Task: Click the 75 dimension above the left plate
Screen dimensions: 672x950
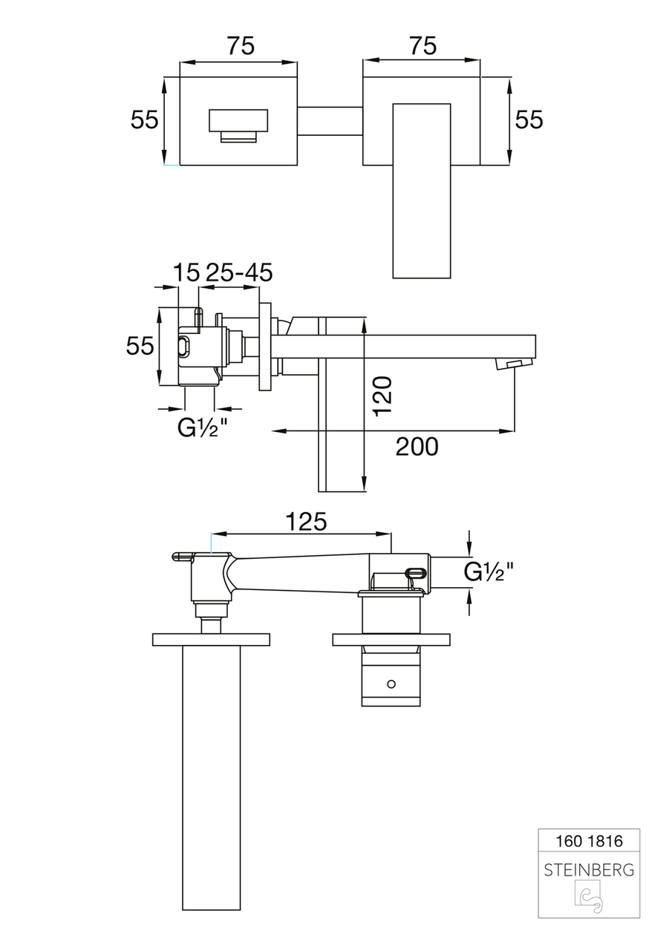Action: [x=241, y=45]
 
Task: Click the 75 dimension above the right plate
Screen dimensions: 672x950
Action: [x=423, y=45]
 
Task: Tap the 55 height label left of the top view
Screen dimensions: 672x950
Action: [x=144, y=119]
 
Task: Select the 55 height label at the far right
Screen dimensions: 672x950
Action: [x=529, y=119]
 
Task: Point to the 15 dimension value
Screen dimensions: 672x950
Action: [x=186, y=272]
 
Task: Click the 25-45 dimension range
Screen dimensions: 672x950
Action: [x=239, y=272]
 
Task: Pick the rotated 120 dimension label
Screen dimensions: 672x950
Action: [x=382, y=396]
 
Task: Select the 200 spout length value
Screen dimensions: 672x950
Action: [x=417, y=447]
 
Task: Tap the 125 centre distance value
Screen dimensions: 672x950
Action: [x=307, y=522]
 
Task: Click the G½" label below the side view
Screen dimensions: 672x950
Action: [x=203, y=428]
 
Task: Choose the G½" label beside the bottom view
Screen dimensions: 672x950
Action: [x=489, y=571]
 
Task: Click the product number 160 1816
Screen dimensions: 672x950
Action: [x=590, y=841]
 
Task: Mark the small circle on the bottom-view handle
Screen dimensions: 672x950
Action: [x=391, y=684]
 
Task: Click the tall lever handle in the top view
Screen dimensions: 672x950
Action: [x=421, y=191]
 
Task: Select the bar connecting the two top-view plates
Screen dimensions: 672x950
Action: [x=330, y=121]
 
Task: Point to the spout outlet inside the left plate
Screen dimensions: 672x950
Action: [x=238, y=126]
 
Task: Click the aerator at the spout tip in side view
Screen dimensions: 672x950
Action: [x=514, y=364]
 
